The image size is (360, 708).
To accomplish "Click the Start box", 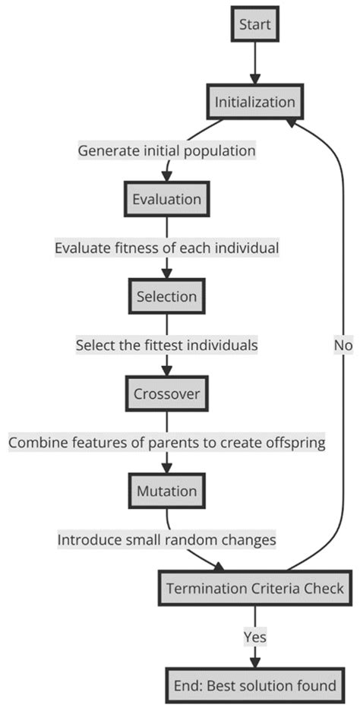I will tap(254, 25).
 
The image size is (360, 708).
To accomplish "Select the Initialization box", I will tap(254, 102).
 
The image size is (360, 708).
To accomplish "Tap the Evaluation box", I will tap(166, 199).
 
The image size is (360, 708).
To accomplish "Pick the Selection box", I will tap(166, 296).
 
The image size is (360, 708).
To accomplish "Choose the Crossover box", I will tap(166, 394).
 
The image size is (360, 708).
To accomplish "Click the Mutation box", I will tap(166, 491).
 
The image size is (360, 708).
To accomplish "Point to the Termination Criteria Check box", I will tap(254, 588).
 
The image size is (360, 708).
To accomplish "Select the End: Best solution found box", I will tap(254, 686).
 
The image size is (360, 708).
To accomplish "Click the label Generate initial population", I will tap(166, 150).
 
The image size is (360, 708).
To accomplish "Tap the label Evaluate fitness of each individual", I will tap(166, 248).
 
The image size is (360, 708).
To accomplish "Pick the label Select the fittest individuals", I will tap(166, 345).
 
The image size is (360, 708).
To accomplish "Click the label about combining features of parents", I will tap(166, 442).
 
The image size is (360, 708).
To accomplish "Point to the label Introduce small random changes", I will tap(166, 539).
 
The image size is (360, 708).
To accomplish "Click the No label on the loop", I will tap(343, 345).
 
